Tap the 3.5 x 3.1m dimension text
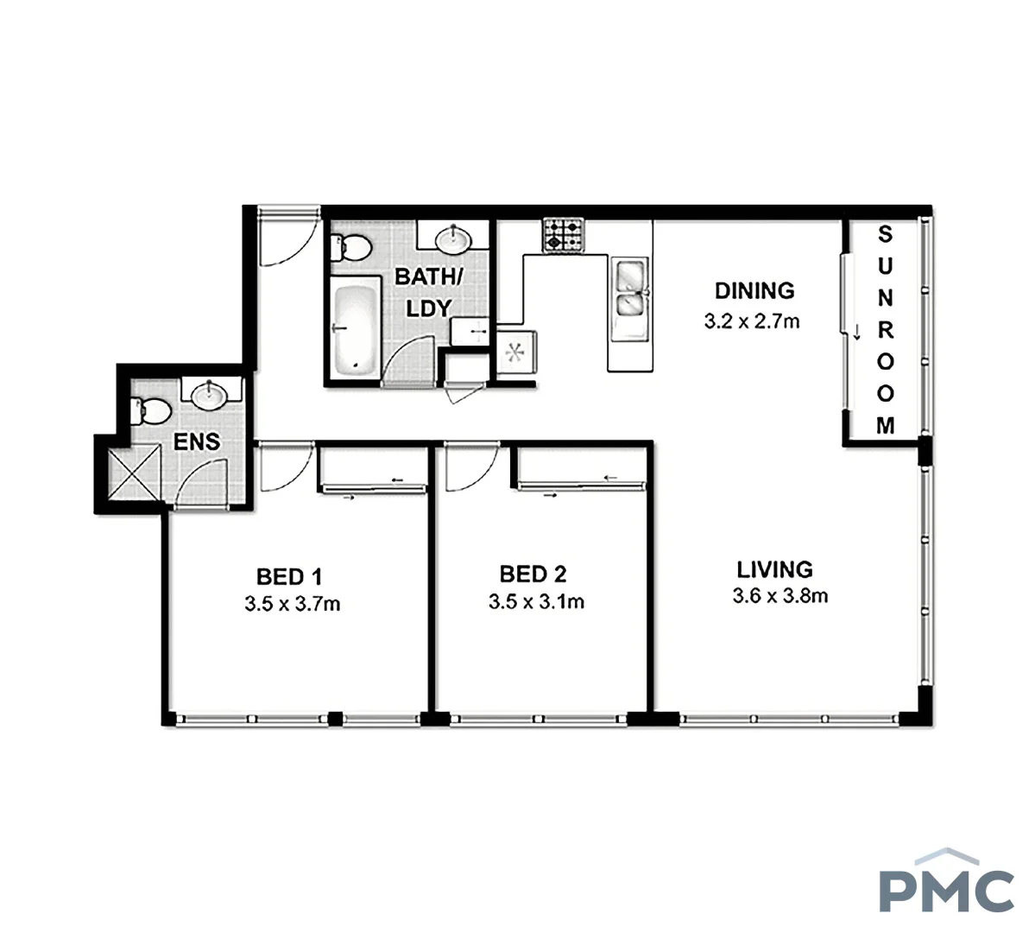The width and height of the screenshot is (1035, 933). tap(536, 602)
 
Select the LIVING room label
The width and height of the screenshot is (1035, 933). tap(774, 570)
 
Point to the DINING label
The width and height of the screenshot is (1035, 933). tap(754, 290)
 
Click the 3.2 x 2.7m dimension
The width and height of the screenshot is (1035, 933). tap(752, 322)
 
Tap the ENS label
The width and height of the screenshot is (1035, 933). tap(197, 442)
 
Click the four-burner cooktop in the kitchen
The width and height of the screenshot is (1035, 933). tap(563, 235)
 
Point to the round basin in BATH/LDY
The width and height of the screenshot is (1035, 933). tap(453, 237)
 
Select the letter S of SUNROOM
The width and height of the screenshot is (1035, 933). tap(886, 233)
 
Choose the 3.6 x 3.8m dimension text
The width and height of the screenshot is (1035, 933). tap(779, 596)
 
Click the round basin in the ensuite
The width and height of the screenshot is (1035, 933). tap(208, 396)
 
